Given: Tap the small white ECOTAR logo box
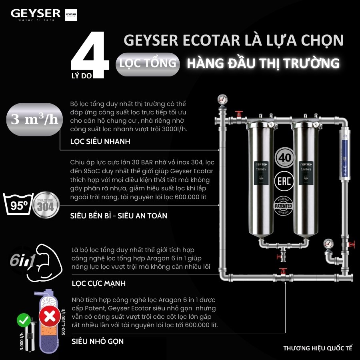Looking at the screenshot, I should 70,15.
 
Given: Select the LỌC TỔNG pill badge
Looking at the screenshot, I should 147,63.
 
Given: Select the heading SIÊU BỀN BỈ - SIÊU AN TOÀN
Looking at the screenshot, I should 119,216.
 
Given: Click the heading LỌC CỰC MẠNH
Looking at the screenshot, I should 98,283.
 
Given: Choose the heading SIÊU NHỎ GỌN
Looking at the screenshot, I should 97,341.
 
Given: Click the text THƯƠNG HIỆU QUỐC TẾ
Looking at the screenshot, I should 318,348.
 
